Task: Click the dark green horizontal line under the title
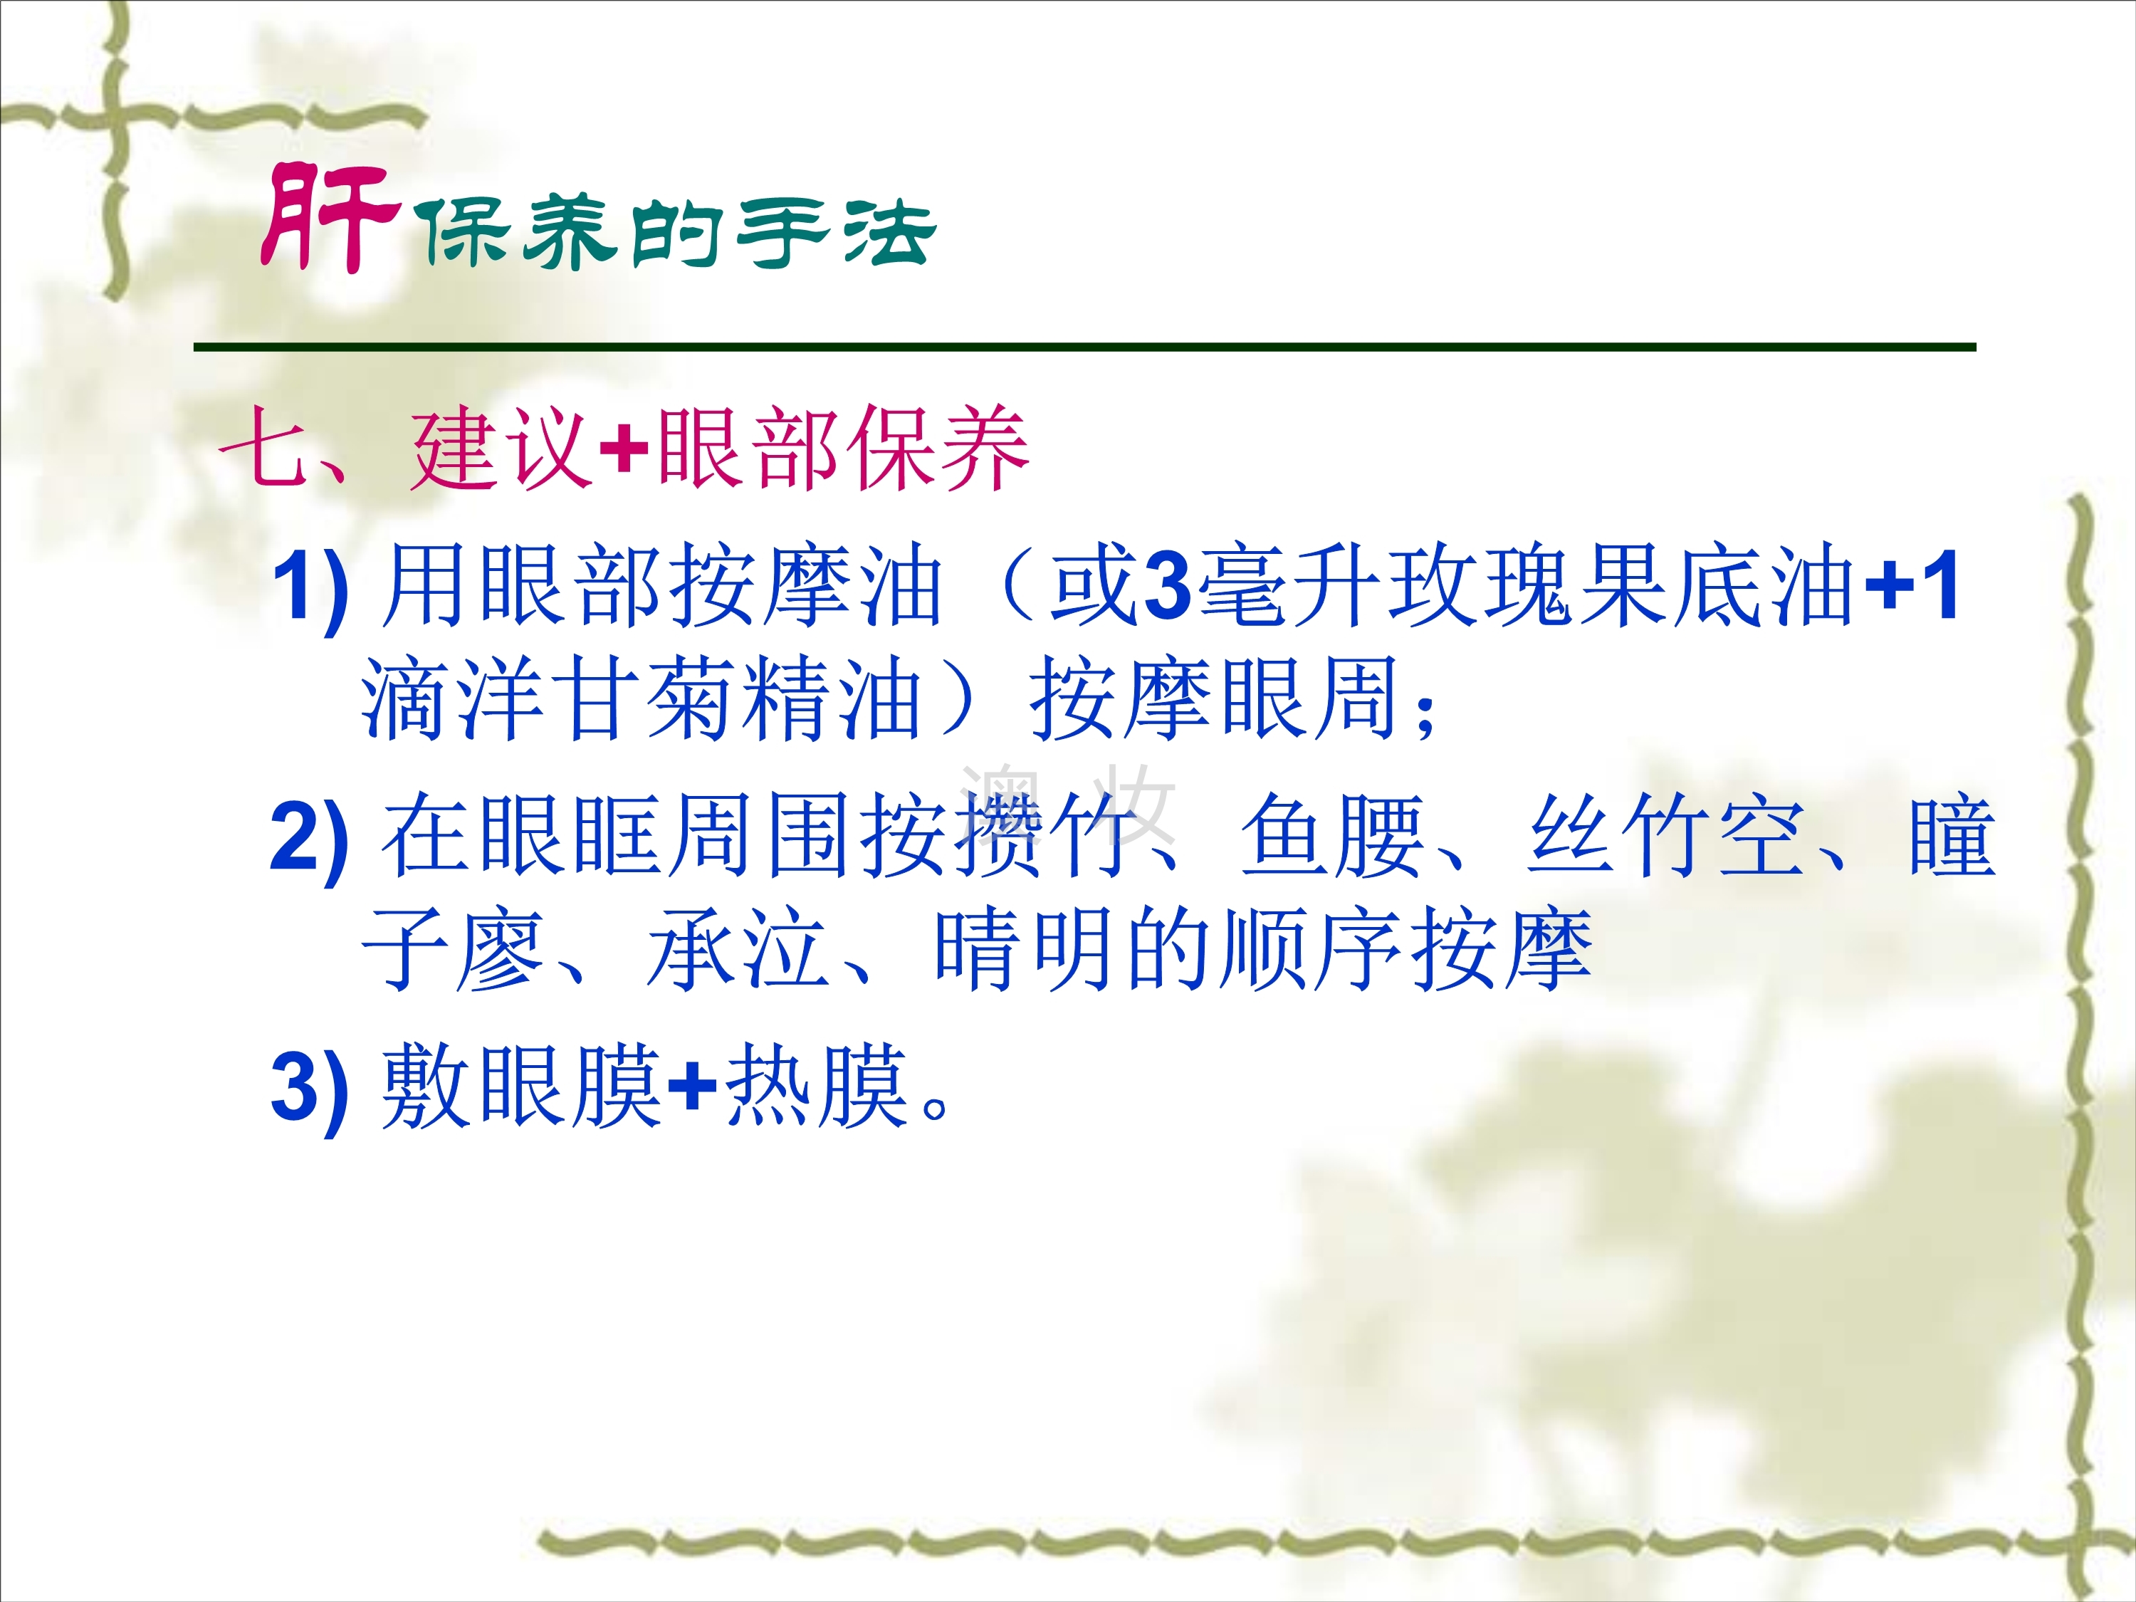tap(1084, 347)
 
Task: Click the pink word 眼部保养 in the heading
tap(842, 447)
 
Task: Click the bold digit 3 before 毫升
tap(1168, 586)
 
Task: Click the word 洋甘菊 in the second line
tap(598, 699)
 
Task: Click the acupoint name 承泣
tap(738, 951)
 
